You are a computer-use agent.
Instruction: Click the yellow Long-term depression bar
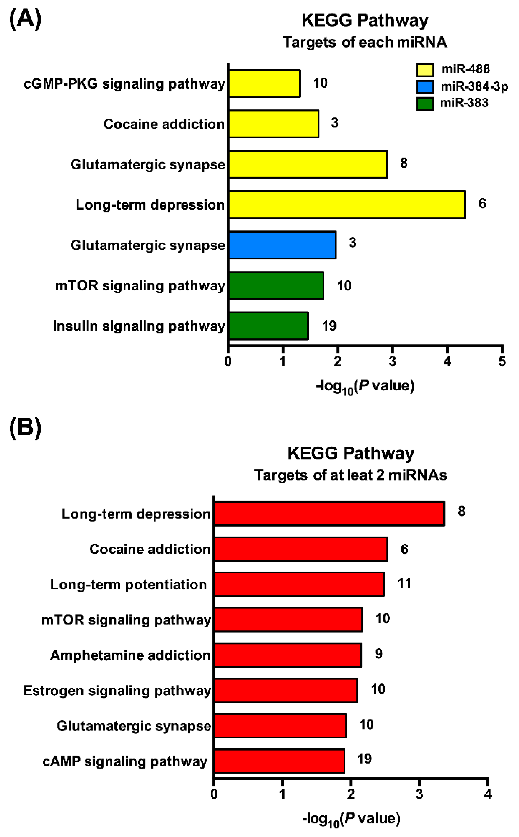[x=347, y=204]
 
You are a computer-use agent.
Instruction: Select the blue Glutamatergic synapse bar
[x=282, y=245]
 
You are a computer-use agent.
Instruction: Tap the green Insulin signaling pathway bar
[x=268, y=326]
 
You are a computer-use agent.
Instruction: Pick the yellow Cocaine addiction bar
[x=274, y=124]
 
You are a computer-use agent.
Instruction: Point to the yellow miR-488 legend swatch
[x=425, y=70]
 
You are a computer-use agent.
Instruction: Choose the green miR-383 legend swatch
[x=425, y=103]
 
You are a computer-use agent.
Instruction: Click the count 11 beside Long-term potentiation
[x=404, y=583]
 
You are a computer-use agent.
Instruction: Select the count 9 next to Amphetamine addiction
[x=379, y=654]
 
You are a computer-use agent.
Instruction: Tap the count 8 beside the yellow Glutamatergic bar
[x=404, y=163]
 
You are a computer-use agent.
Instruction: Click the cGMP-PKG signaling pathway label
[x=124, y=84]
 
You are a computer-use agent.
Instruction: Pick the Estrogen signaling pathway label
[x=117, y=690]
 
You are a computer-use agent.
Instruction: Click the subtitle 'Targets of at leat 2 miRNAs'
[x=350, y=475]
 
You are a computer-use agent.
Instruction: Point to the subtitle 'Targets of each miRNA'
[x=364, y=42]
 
